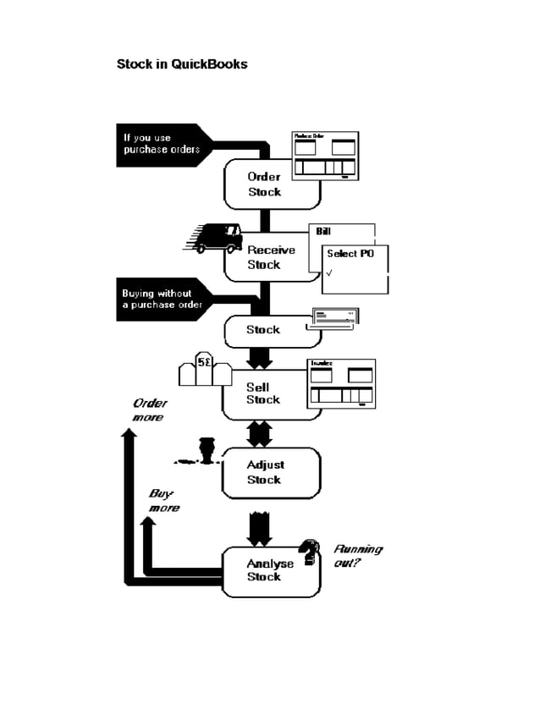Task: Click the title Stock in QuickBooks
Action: click(182, 64)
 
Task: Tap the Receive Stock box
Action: click(269, 257)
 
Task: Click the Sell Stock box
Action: click(262, 394)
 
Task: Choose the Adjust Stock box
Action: click(265, 472)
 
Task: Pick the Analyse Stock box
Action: click(269, 570)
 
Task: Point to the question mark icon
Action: click(311, 552)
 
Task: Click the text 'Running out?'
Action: click(356, 555)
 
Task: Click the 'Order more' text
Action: click(148, 410)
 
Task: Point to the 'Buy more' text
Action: click(163, 501)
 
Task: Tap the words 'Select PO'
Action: click(350, 254)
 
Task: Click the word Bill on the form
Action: click(323, 231)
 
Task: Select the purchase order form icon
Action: click(325, 157)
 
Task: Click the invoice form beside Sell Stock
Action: click(341, 384)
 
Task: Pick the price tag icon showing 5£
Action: click(205, 371)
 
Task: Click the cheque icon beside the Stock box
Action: click(336, 318)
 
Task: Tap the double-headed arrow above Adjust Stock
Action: click(259, 434)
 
